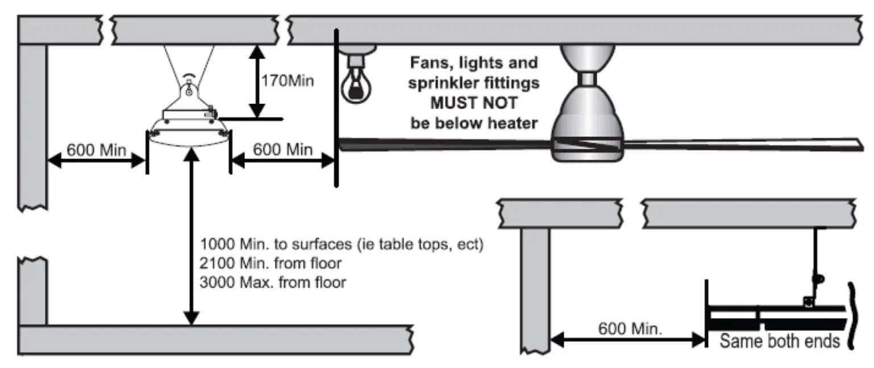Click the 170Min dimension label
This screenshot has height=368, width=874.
(x=287, y=81)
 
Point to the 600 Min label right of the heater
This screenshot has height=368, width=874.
(x=282, y=150)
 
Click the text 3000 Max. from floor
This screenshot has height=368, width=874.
(x=273, y=282)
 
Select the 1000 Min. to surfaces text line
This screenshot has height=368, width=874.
(x=341, y=245)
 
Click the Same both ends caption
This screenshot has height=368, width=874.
(x=780, y=341)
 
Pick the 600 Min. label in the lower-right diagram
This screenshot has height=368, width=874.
(x=630, y=329)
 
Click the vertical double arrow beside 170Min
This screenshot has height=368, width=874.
(x=257, y=81)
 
